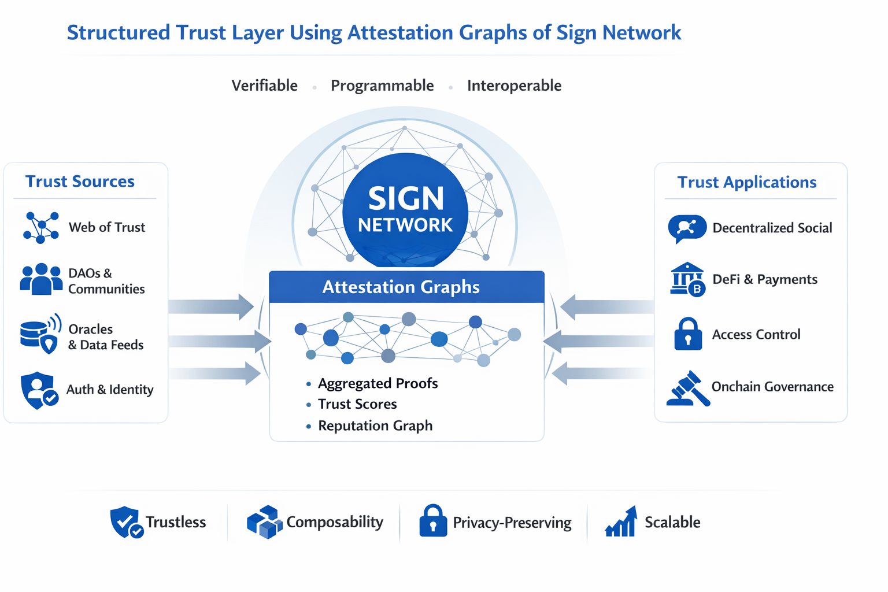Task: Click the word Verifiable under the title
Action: click(x=264, y=86)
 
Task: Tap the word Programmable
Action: click(x=382, y=86)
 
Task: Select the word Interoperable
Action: click(x=514, y=86)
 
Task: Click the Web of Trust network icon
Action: click(x=41, y=227)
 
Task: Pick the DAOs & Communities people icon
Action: click(x=41, y=279)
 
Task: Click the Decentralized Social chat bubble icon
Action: click(x=687, y=228)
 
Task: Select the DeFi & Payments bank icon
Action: click(x=687, y=279)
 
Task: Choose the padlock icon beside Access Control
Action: click(x=688, y=334)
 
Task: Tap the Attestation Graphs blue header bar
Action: click(x=406, y=287)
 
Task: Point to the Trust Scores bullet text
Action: click(x=357, y=404)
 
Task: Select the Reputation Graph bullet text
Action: click(x=375, y=426)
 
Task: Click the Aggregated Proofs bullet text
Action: click(x=378, y=383)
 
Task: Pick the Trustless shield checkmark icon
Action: click(x=127, y=522)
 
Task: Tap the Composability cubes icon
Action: click(x=264, y=522)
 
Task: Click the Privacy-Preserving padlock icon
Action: click(x=433, y=521)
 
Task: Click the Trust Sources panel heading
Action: click(x=80, y=182)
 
